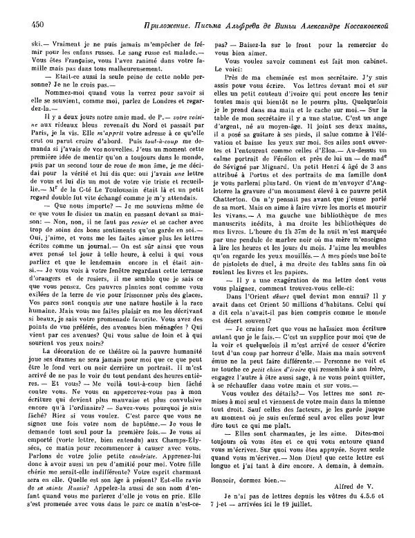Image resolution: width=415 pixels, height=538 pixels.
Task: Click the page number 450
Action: coord(20,25)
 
